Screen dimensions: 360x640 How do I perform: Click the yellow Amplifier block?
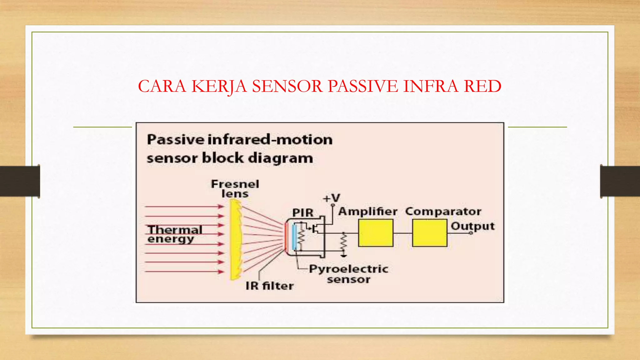tap(375, 233)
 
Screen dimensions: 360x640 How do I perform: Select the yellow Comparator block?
tap(430, 233)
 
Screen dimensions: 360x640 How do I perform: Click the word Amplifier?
tap(368, 212)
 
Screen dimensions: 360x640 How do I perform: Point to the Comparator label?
tap(443, 212)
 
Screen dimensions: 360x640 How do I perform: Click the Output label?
tap(472, 226)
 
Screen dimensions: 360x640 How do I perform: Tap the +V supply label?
tap(331, 198)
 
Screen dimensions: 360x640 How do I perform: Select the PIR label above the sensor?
tap(302, 213)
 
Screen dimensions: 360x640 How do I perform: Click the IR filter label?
tap(269, 286)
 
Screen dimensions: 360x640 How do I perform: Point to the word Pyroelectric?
tap(348, 269)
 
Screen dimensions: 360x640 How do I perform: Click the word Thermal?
tap(175, 230)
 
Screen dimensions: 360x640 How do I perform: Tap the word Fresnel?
tap(235, 184)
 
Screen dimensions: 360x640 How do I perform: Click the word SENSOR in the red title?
tap(287, 86)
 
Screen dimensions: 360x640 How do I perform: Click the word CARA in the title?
tap(162, 86)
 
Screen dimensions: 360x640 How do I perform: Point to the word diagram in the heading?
tap(280, 158)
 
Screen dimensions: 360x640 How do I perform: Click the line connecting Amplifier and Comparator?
tap(403, 233)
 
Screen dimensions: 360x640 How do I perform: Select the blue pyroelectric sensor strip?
tap(294, 237)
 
